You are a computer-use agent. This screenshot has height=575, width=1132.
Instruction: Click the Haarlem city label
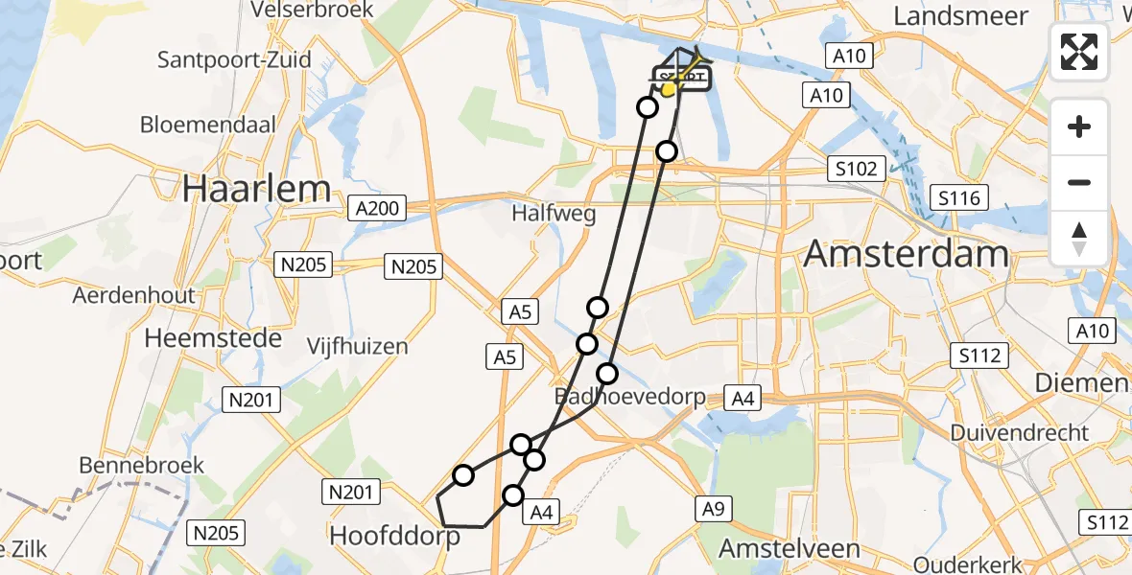pos(256,189)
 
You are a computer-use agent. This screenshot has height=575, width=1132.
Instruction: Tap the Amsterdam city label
pos(906,254)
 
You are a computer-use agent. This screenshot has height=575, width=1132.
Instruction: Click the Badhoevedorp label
pos(630,396)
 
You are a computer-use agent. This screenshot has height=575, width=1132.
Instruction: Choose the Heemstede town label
pos(213,337)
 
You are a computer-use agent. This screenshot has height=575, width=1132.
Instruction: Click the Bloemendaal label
pos(208,125)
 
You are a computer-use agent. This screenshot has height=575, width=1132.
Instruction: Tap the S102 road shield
pos(856,169)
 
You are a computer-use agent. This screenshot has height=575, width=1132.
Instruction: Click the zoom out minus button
pos(1079,182)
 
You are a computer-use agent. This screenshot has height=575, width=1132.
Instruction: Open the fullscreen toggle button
pos(1079,52)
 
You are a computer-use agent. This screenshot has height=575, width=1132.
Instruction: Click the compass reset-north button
pos(1079,238)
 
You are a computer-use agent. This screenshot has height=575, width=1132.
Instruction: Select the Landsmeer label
pos(960,15)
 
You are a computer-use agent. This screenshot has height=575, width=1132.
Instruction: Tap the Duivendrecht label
pos(1020,432)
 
